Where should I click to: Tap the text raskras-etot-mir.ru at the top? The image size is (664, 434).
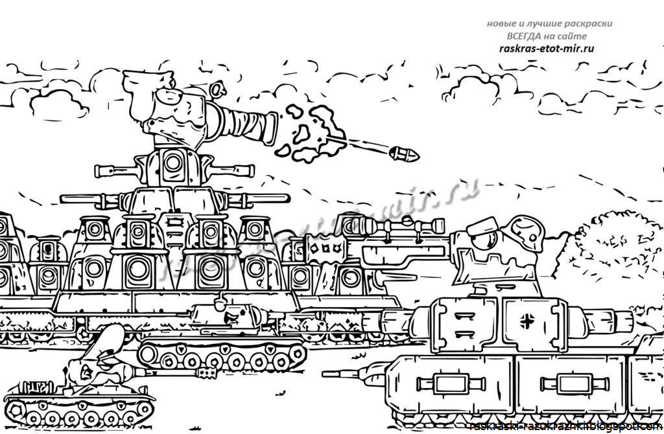click(549, 48)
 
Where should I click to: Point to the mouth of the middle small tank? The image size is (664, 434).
click(231, 320)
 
